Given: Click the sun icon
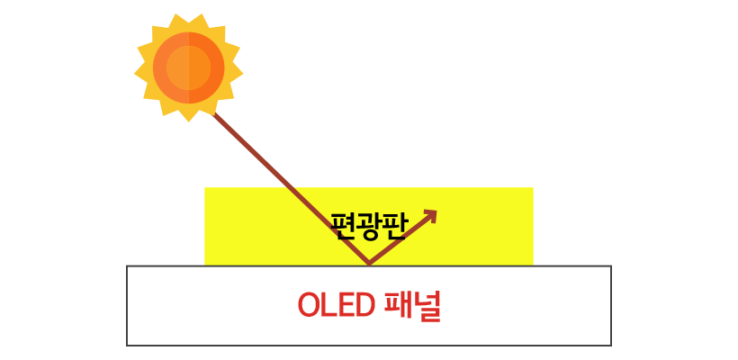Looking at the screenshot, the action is (188, 67).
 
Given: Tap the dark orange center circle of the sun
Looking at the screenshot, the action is (188, 67).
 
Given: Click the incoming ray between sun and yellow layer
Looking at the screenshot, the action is (243, 144).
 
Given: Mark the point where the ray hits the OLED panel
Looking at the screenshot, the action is (368, 265).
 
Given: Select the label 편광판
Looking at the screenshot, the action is (368, 222).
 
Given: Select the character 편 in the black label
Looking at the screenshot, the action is (343, 222).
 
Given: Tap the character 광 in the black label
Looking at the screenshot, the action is (368, 222).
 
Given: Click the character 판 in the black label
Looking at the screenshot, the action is (393, 222).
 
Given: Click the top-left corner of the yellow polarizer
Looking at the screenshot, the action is (205, 188).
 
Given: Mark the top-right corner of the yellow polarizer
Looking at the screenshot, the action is (533, 188).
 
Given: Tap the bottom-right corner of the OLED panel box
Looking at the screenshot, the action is (611, 345).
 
